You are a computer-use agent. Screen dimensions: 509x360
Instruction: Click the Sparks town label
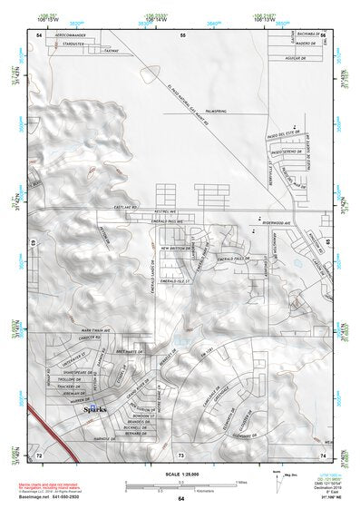click(95, 409)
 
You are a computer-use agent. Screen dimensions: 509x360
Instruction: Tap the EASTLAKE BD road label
click(123, 207)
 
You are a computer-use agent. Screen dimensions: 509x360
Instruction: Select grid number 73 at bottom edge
click(181, 452)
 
